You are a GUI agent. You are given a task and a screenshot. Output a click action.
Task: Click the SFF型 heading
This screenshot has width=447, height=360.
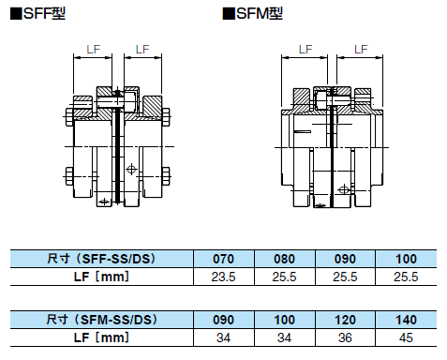coord(38,14)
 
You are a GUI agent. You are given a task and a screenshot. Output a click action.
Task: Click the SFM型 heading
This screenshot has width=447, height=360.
coord(252,14)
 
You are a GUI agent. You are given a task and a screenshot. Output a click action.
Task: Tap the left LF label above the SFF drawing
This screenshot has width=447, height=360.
coord(93,50)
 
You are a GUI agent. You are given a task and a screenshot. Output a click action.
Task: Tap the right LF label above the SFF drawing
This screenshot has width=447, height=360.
coord(142,50)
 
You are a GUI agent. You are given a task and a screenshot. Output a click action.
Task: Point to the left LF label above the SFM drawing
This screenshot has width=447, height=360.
coord(305,50)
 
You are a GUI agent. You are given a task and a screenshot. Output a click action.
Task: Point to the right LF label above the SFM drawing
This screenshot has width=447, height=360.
coord(361,50)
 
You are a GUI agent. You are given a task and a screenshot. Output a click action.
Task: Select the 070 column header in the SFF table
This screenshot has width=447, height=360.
coord(223,259)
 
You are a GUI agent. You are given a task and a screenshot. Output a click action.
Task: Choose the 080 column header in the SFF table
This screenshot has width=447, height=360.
coord(284,259)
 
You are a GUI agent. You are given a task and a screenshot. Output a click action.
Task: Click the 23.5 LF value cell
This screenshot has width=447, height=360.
coord(223,277)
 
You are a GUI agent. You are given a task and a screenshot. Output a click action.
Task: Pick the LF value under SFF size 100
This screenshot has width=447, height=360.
coord(406,277)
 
